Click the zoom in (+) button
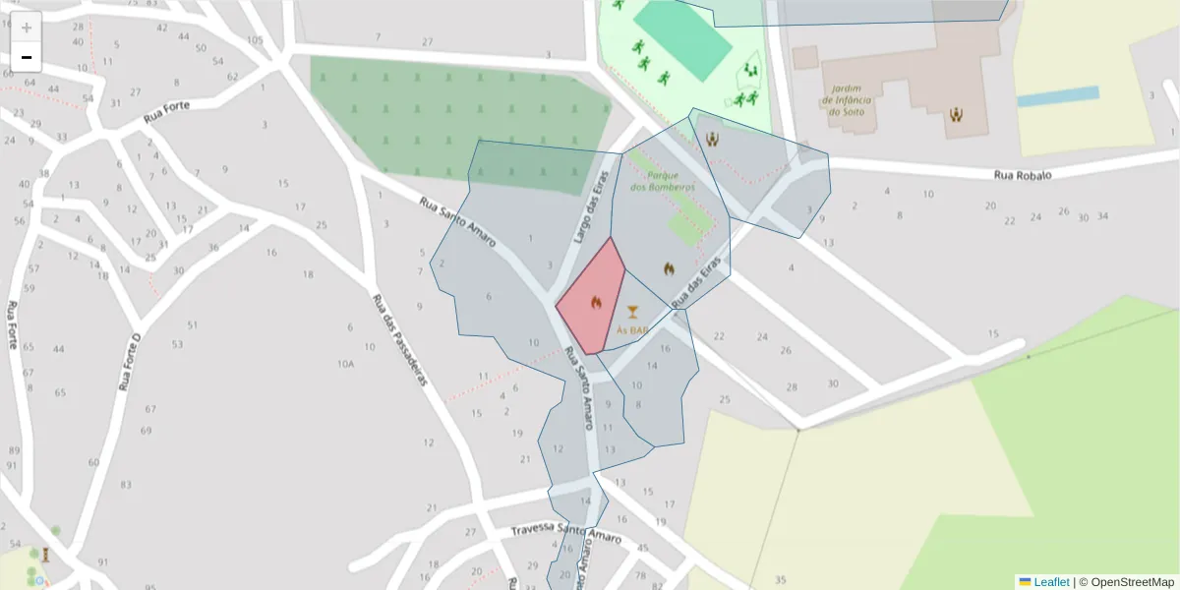[x=27, y=28]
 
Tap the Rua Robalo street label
[x=1023, y=175]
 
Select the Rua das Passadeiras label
[x=401, y=339]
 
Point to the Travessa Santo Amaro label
[x=565, y=532]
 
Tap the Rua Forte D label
[x=130, y=362]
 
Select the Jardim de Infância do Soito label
[x=847, y=99]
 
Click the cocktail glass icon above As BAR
[x=632, y=313]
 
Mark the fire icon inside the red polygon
[x=596, y=303]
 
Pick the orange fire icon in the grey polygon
[x=669, y=267]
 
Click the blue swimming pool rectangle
[x=1058, y=96]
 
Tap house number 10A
[x=345, y=364]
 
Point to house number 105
[x=256, y=40]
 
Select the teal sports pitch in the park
[x=681, y=40]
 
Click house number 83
[x=126, y=485]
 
